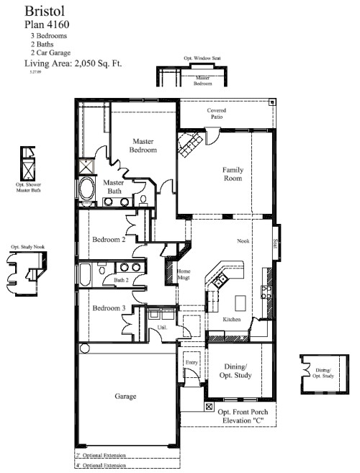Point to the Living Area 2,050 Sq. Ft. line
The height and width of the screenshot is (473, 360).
coord(73,63)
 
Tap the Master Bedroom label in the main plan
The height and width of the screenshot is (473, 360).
coord(143,145)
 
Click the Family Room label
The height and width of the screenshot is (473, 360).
coord(232,173)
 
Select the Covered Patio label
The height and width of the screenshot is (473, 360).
coord(217,114)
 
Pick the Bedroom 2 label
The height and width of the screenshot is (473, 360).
coord(109,240)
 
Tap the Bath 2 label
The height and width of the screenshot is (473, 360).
coord(121,280)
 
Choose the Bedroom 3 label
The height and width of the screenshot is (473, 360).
coord(109,308)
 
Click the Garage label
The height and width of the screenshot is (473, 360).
coord(126,396)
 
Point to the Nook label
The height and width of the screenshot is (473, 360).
coord(243,241)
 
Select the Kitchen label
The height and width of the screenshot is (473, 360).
coord(231,319)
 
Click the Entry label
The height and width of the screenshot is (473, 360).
coord(191,362)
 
